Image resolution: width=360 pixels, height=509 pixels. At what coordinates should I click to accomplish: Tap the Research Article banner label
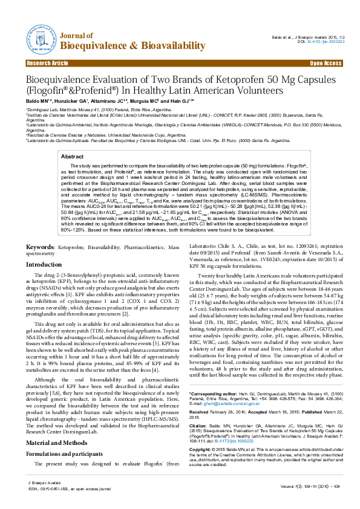tap(48, 63)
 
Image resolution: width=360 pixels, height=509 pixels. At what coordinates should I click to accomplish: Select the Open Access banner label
tap(326, 63)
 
